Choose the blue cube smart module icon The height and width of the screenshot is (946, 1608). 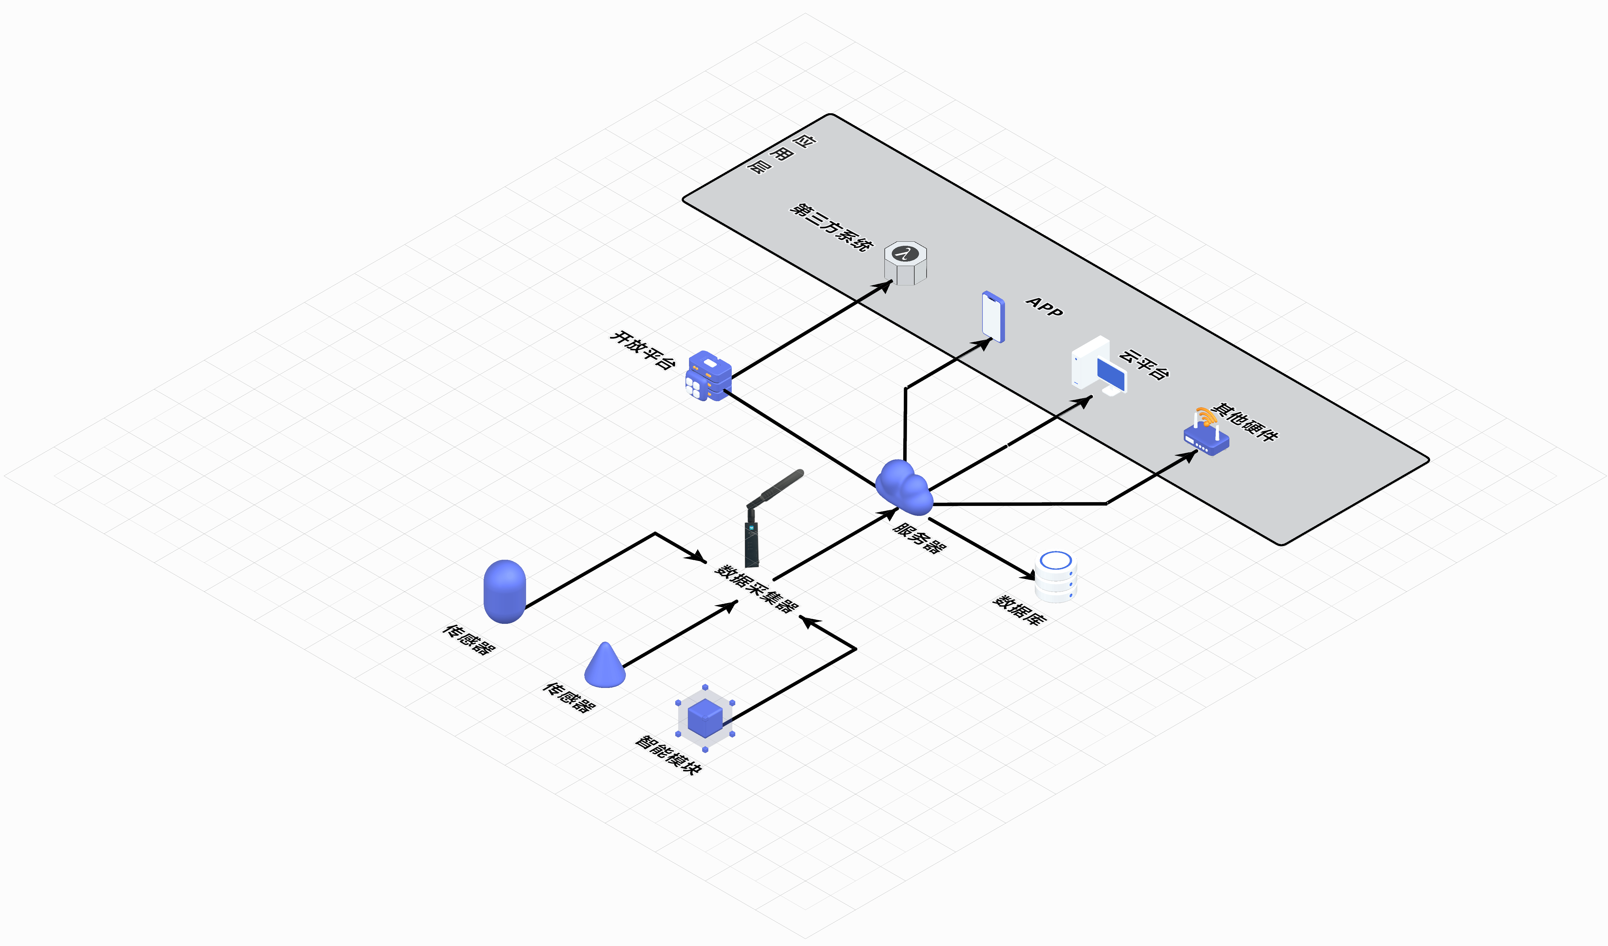[x=705, y=718]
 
